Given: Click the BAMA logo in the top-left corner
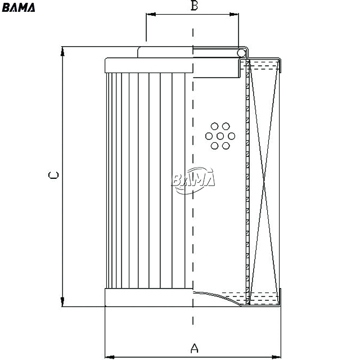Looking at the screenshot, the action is pos(19,7).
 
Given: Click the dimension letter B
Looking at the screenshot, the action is pos(194,6).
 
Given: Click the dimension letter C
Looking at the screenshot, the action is pos(53,175).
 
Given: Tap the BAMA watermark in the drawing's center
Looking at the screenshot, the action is pos(193,180).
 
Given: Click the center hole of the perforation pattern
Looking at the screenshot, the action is pos(220,136).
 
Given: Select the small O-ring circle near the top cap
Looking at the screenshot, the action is pos(241,53).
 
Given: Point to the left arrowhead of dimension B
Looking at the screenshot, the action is pos(151,15).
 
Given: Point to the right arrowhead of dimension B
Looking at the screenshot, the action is pos(234,15).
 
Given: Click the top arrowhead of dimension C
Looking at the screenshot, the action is pos(62,51).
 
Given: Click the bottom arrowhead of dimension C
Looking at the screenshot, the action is pos(62,301).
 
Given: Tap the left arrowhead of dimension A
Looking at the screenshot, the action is pos(110,357).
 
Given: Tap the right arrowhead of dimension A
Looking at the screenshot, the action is pos(276,357).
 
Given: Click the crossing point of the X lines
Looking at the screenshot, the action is pos(264,182).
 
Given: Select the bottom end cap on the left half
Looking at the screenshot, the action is pos(148,298).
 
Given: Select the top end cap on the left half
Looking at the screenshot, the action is pos(148,65).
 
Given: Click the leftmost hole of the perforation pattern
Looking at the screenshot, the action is pos(209,136).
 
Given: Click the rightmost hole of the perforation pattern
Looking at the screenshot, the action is pos(231,136).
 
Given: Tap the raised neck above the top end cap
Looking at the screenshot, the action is pos(165,52).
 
